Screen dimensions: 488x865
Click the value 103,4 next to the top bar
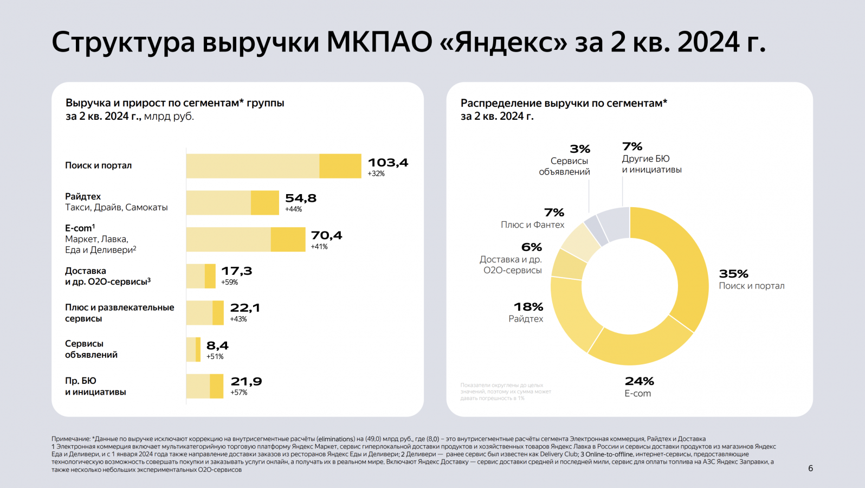(388, 163)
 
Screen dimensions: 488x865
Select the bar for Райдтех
(232, 203)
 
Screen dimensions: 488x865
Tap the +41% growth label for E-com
(319, 247)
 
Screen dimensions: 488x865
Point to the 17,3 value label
(236, 271)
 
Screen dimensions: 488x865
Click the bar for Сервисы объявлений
(193, 350)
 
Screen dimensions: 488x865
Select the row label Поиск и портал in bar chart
(98, 165)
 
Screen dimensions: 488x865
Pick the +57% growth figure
(239, 393)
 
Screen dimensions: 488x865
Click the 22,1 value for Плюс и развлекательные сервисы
(245, 308)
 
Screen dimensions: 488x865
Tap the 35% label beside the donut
(733, 274)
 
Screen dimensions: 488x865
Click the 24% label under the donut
(639, 381)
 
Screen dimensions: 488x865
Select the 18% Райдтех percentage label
(528, 307)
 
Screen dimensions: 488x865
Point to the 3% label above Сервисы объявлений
(579, 149)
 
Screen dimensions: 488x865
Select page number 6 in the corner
(810, 468)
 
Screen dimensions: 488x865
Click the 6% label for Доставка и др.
(531, 247)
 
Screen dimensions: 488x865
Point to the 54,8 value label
(301, 198)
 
